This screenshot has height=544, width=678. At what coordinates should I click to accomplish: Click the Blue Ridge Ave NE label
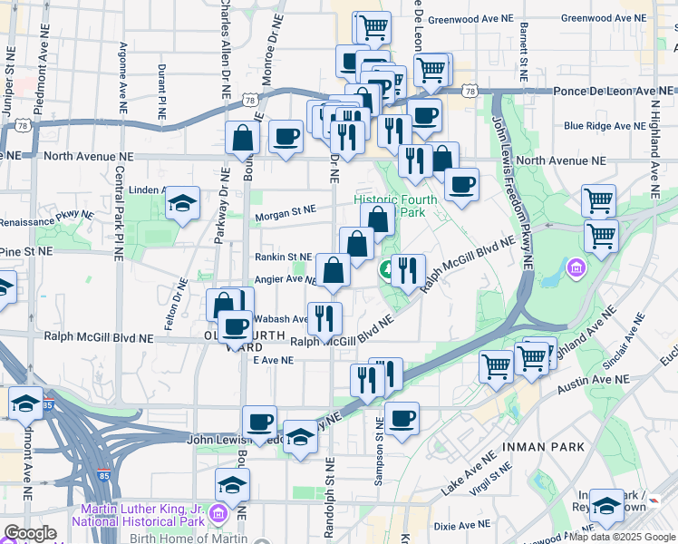point(602,126)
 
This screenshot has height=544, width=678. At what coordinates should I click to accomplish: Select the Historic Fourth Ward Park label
point(396,206)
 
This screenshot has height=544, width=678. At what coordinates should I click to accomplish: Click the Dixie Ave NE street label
point(462,525)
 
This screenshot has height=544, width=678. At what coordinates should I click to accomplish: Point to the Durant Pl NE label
point(161,92)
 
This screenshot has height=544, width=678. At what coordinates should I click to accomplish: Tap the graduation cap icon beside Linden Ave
point(182,203)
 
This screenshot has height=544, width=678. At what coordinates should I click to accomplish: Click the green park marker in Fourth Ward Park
point(386,268)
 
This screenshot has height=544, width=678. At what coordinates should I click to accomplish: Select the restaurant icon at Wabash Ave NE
point(324,317)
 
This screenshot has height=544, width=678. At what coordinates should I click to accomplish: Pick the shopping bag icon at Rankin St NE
point(356,243)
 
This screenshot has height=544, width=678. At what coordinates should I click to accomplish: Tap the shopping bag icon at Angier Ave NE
point(333,269)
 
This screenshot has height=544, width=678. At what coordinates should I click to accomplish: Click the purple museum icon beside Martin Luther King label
point(218,515)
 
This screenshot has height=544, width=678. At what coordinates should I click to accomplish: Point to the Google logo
point(30,533)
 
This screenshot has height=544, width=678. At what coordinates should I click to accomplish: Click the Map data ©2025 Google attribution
point(622,537)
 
